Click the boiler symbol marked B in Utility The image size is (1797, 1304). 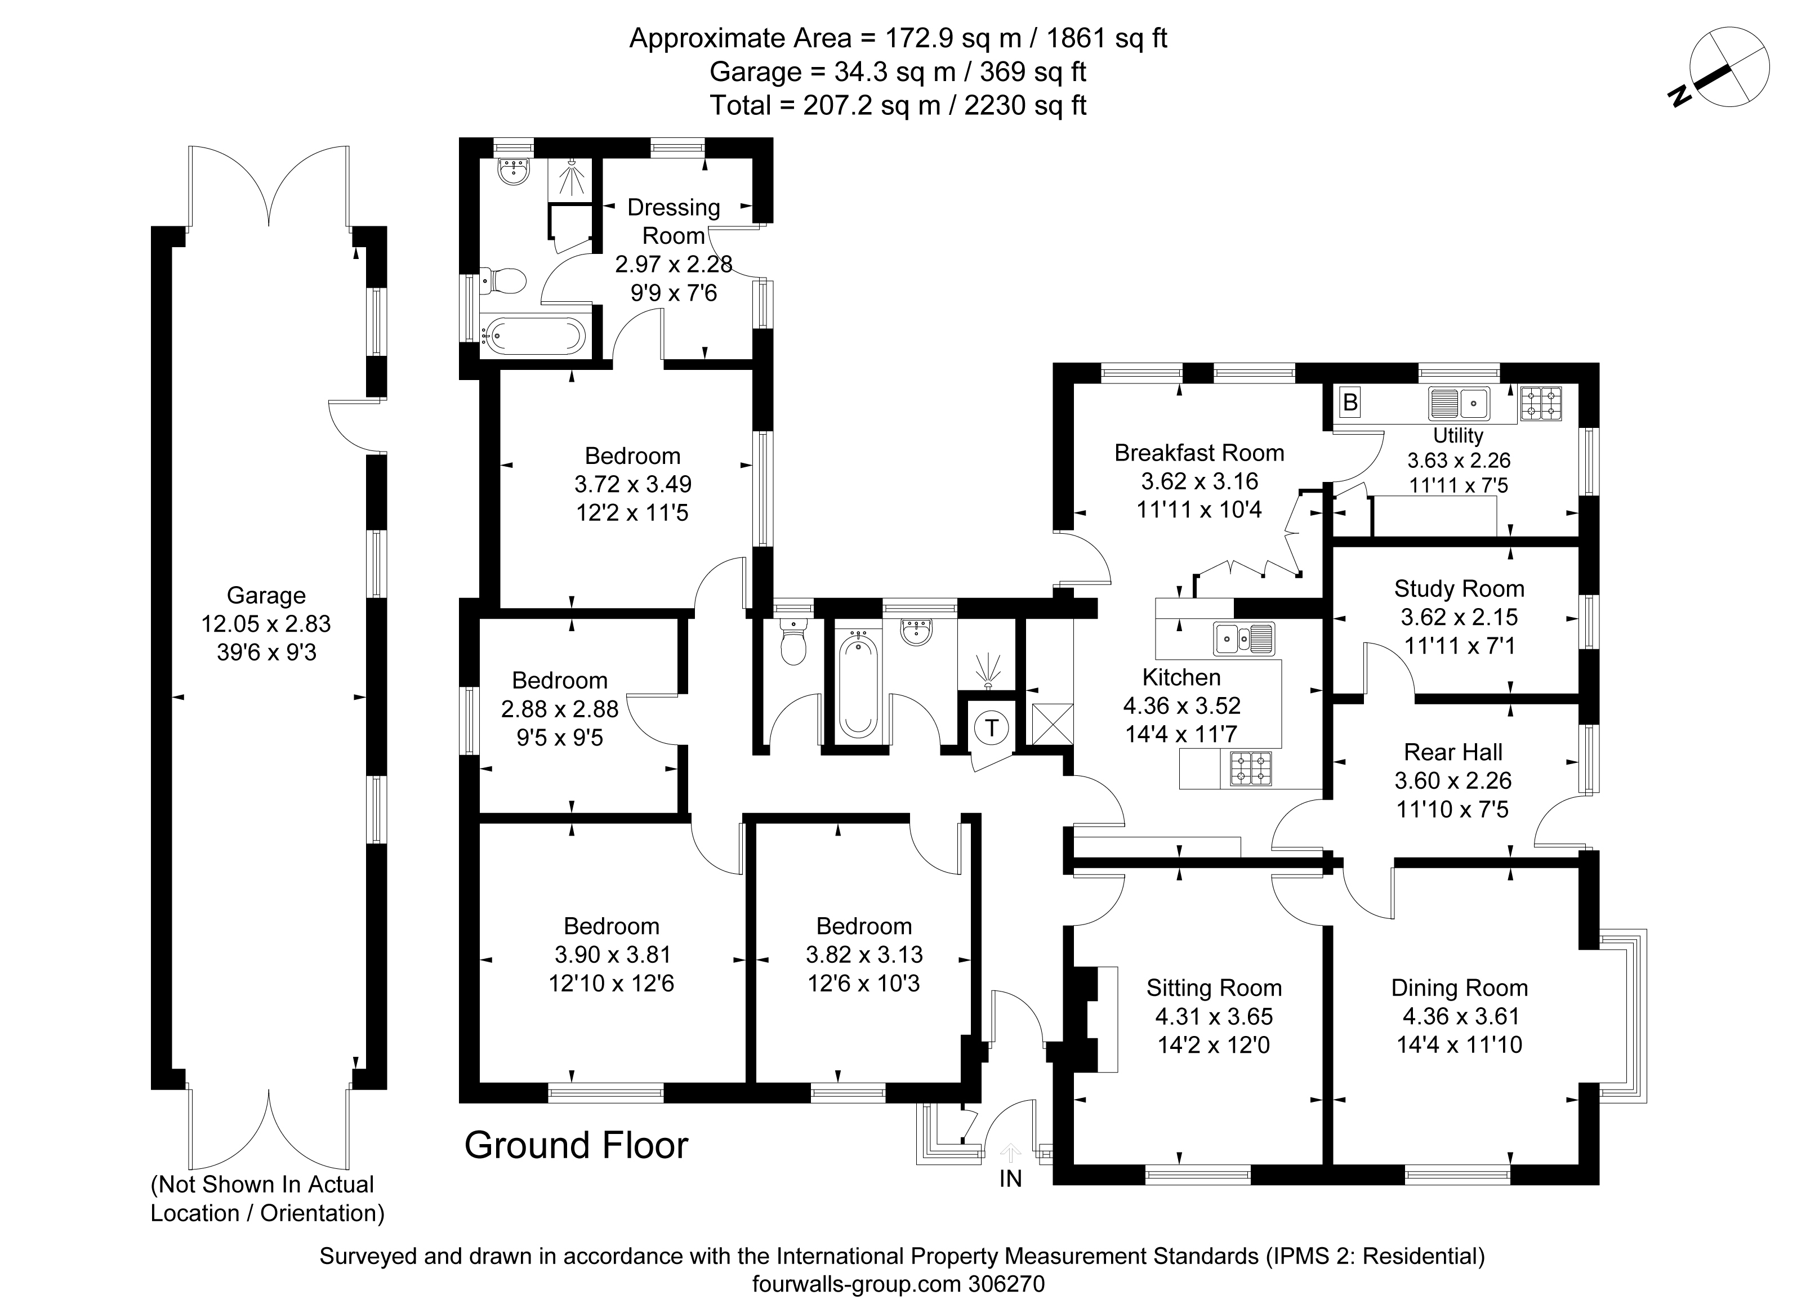tap(1350, 403)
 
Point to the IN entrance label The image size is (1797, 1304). tap(1010, 1179)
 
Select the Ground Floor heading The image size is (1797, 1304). tap(576, 1146)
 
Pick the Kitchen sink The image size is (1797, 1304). tap(1244, 638)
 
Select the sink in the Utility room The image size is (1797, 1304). tap(1459, 403)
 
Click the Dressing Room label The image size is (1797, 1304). tap(674, 221)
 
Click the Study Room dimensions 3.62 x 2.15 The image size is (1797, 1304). tap(1460, 617)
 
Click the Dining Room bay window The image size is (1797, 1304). tap(1621, 1016)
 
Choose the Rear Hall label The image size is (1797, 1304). tap(1453, 752)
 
